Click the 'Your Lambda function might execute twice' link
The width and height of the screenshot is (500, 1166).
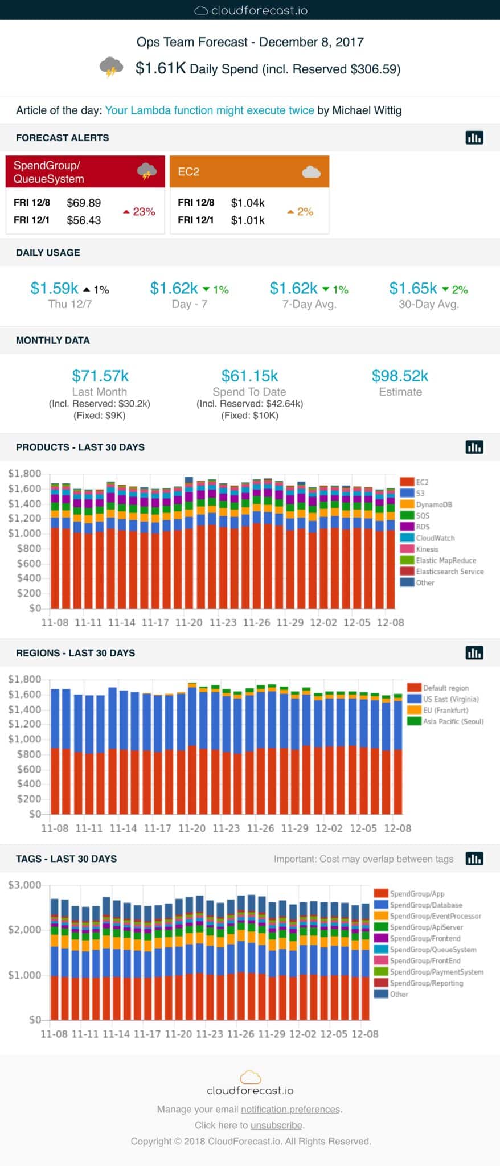point(210,110)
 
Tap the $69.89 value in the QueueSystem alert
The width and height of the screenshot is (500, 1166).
point(84,203)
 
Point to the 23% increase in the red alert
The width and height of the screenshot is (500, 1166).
point(140,212)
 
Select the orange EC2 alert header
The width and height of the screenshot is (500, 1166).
point(249,171)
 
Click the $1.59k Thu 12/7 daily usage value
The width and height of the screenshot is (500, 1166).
point(55,289)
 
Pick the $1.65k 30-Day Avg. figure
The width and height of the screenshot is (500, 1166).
point(413,289)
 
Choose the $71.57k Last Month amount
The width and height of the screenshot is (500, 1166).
point(100,376)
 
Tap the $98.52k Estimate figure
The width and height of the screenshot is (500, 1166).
point(400,376)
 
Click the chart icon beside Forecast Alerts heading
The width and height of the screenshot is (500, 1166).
point(474,138)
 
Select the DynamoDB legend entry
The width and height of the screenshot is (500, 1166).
point(433,504)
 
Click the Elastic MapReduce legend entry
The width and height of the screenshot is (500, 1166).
point(445,560)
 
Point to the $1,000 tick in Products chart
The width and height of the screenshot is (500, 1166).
point(24,533)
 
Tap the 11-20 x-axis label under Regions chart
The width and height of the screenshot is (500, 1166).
point(192,828)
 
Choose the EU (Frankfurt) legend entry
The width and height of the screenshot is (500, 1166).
point(445,710)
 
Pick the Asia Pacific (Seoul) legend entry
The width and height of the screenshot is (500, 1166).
point(453,721)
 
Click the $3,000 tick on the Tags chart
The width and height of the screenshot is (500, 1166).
point(24,885)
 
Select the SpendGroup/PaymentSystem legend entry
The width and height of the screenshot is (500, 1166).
point(436,972)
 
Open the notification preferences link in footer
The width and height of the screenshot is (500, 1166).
point(290,1109)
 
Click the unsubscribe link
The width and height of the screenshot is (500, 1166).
point(277,1125)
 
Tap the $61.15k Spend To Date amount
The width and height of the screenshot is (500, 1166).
point(249,376)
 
